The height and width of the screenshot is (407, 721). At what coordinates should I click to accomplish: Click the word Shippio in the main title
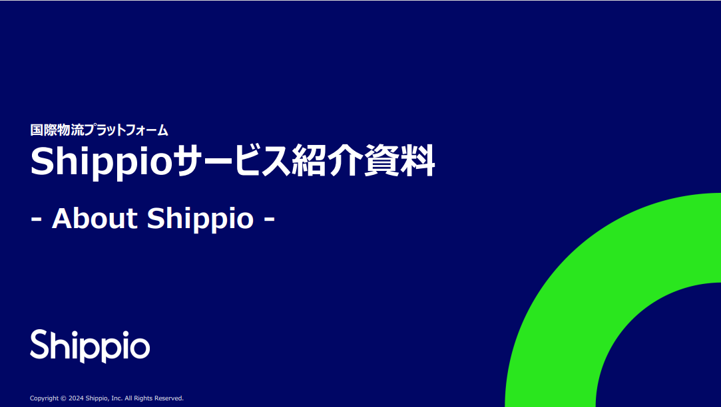[101, 162]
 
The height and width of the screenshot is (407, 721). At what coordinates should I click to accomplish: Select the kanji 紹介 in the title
[328, 160]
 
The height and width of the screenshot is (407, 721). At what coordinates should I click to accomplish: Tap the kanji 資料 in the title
[399, 160]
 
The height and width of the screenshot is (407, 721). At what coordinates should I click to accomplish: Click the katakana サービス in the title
[232, 160]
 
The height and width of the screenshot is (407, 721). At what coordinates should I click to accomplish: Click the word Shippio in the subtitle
[200, 219]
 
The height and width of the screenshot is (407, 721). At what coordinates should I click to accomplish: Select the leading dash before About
[37, 220]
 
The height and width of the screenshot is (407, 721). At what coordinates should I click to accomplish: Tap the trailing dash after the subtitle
[270, 220]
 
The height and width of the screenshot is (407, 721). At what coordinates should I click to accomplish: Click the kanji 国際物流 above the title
[57, 130]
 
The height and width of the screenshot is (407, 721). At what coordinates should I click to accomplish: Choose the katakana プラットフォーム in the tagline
[126, 130]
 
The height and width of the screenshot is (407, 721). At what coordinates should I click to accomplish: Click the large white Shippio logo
[90, 346]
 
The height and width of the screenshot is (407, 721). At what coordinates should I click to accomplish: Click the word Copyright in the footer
[44, 398]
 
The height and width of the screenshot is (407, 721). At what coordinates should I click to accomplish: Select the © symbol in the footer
[63, 398]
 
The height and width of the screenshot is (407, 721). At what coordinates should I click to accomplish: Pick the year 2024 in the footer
[76, 398]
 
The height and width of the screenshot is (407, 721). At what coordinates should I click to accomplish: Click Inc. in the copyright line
[117, 398]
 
